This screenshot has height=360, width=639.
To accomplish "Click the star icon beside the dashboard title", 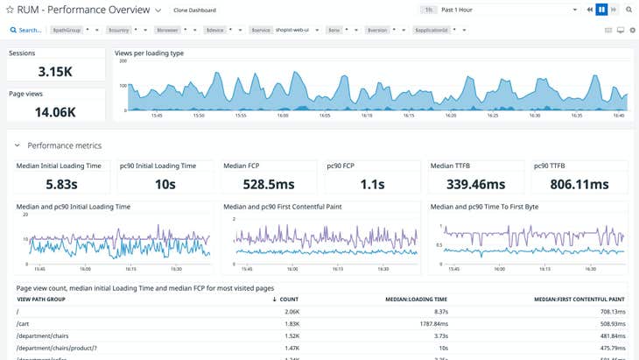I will pyautogui.click(x=10, y=10).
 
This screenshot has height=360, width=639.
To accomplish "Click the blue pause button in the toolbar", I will pyautogui.click(x=601, y=10).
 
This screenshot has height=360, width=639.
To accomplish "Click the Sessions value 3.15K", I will pyautogui.click(x=56, y=71).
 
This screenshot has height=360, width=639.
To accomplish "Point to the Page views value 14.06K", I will pyautogui.click(x=56, y=111).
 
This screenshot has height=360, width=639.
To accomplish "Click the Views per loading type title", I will pyautogui.click(x=149, y=53).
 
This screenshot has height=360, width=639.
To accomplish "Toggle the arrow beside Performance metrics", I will pyautogui.click(x=17, y=145).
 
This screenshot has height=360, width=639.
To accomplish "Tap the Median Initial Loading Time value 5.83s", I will pyautogui.click(x=61, y=184).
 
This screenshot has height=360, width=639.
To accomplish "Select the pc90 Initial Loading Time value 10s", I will pyautogui.click(x=165, y=184).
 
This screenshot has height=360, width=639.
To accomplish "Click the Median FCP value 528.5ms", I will pyautogui.click(x=268, y=184).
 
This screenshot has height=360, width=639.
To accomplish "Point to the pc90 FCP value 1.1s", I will pyautogui.click(x=372, y=184).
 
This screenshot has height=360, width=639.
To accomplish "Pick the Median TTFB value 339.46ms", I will pyautogui.click(x=476, y=184).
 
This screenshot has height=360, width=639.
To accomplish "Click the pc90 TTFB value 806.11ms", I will pyautogui.click(x=579, y=184).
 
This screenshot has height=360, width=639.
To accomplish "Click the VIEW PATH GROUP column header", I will pyautogui.click(x=42, y=300).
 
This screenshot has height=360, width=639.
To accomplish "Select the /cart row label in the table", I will pyautogui.click(x=24, y=323).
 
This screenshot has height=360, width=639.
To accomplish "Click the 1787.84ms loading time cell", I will pyautogui.click(x=430, y=323).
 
